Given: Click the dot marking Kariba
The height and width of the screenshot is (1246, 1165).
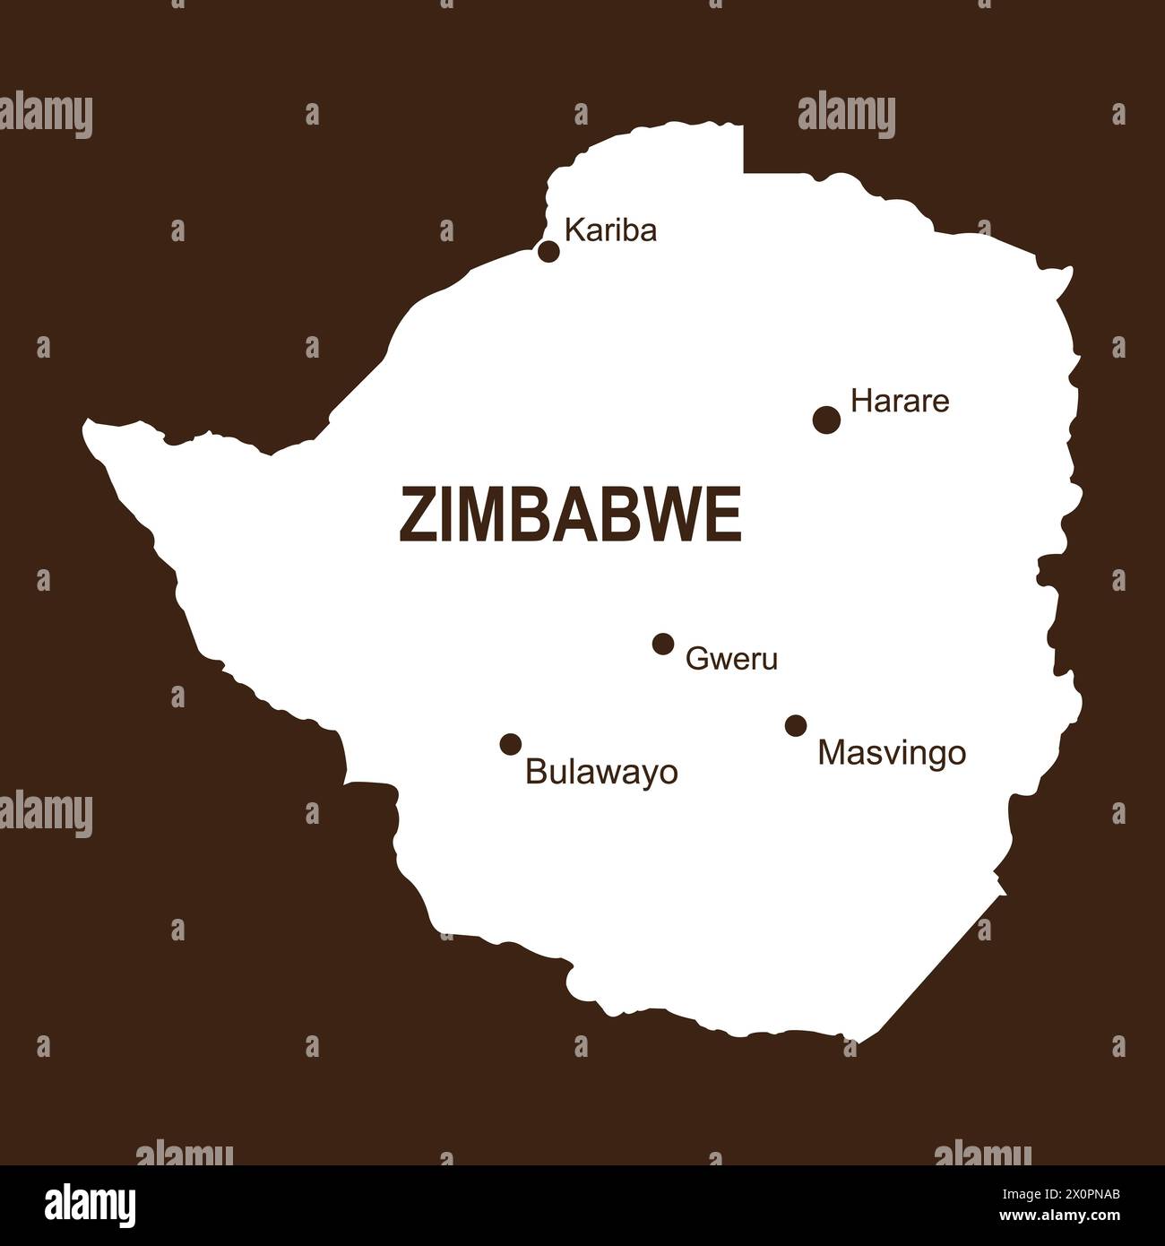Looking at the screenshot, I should [x=548, y=251].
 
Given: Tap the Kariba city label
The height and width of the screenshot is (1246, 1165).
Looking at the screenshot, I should [x=611, y=230].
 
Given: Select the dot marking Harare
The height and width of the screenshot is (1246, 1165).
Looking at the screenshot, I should [x=826, y=419].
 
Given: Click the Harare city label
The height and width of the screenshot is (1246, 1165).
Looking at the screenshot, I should [x=899, y=401].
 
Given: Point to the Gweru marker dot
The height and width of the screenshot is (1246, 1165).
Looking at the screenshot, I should [x=663, y=644].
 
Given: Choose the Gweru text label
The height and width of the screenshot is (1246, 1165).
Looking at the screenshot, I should [x=731, y=660].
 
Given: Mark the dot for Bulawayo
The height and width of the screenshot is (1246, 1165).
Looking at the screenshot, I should [x=511, y=743].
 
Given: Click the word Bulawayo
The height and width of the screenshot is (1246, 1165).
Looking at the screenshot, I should [x=601, y=771].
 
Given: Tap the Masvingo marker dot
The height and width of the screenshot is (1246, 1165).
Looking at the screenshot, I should [x=796, y=725].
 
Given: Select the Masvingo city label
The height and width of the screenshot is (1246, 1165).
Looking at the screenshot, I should [x=892, y=753].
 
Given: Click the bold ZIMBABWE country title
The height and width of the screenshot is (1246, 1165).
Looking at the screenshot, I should [x=570, y=515].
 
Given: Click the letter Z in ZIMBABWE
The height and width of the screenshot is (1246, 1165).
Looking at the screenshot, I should [x=413, y=515].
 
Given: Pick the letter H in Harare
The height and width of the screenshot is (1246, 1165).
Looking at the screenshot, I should [x=859, y=401].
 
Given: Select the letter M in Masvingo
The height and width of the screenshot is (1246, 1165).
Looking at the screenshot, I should [x=830, y=753].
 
